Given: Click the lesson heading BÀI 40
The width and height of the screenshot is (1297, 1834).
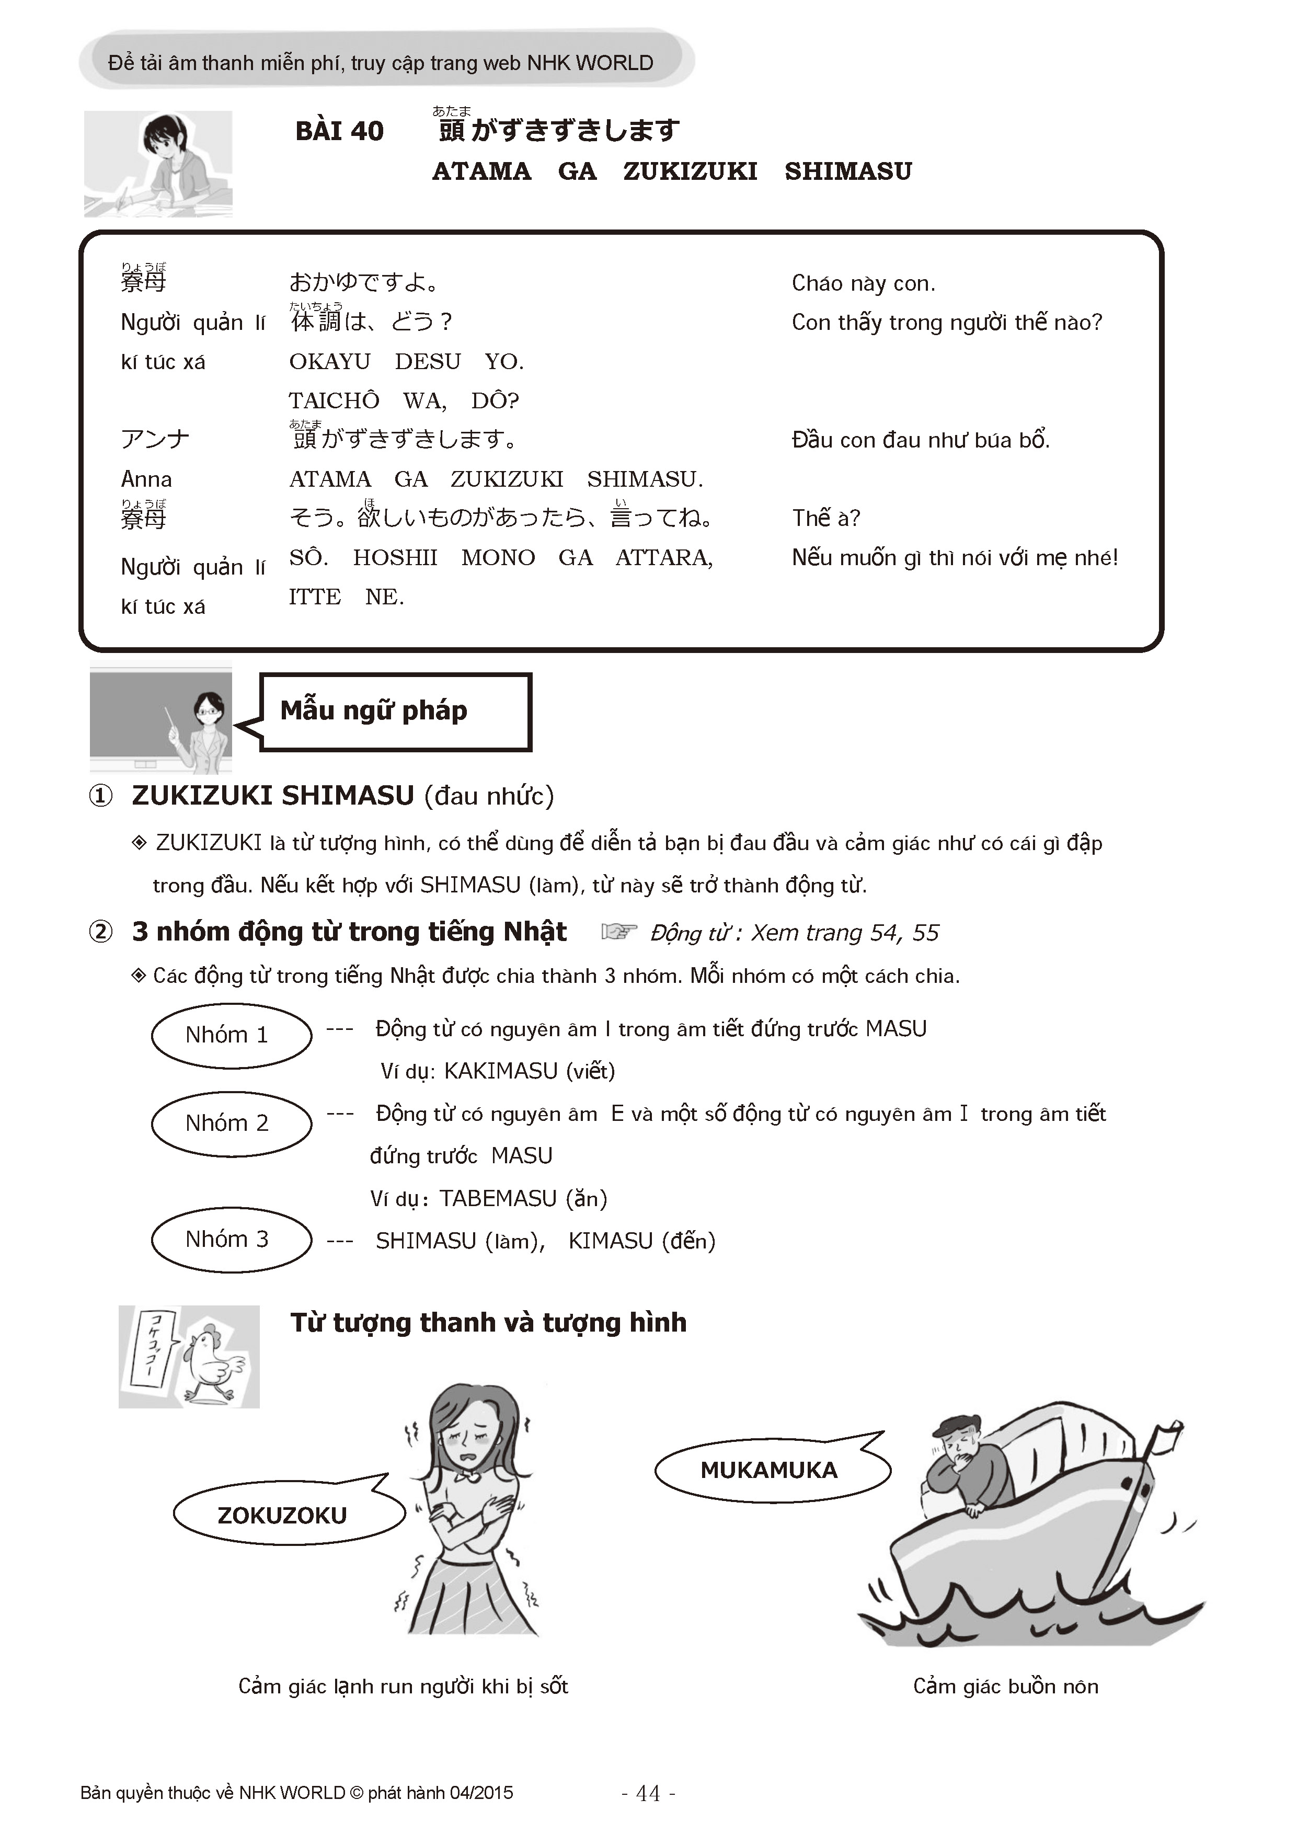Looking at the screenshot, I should coord(339,131).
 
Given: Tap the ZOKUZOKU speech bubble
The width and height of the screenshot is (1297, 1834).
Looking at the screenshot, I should coord(283,1515).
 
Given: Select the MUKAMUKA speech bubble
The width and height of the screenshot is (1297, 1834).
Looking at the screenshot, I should coord(768,1470).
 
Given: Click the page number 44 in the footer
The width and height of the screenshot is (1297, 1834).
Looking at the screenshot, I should coord(648,1793).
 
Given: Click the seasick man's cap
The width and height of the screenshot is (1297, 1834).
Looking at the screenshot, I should coord(954,1424).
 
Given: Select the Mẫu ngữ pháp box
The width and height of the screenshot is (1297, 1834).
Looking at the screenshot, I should coord(395,711).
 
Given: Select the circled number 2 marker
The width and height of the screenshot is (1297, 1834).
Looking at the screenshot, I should coord(100,932).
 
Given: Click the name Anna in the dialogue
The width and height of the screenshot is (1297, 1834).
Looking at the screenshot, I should coord(146,479).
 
